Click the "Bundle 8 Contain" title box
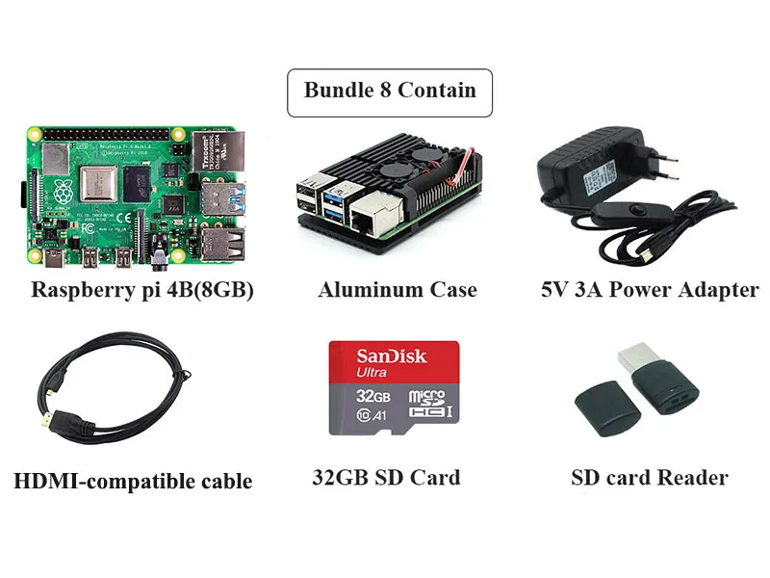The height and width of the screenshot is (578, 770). (390, 92)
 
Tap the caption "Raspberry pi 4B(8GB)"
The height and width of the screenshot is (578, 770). (142, 289)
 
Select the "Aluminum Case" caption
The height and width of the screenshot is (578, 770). (397, 289)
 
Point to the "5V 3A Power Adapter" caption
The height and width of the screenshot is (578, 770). (650, 289)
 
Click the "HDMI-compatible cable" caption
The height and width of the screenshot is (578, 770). (133, 481)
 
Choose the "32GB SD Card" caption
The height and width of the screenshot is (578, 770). (386, 477)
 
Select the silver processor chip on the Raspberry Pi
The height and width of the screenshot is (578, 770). (102, 184)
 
